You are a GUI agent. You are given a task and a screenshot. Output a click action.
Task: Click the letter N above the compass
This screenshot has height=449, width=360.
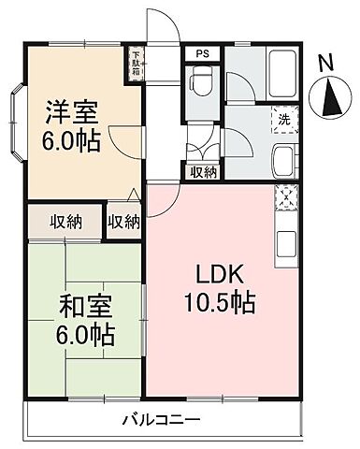324,64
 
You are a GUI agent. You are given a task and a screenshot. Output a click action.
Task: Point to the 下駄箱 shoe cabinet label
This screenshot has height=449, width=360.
137,62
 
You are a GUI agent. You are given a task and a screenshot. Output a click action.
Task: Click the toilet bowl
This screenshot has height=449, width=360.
199,87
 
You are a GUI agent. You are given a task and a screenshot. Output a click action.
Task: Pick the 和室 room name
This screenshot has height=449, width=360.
62,305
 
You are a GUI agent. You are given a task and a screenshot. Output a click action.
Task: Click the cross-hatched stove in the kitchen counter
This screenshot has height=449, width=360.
283,198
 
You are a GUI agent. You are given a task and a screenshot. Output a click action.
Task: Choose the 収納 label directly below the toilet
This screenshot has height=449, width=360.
204,171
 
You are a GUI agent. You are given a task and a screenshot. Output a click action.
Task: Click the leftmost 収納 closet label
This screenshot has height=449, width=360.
65,222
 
